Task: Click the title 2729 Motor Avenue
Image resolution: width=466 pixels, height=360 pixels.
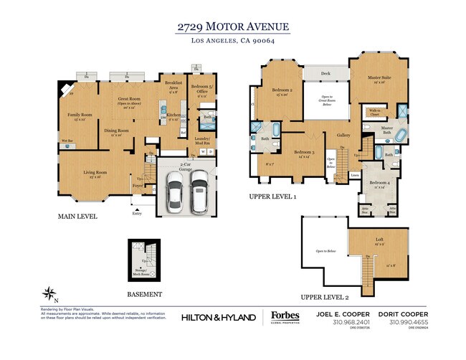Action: (233, 27)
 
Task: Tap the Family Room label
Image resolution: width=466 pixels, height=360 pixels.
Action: (80, 115)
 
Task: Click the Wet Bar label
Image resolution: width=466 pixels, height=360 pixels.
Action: (67, 141)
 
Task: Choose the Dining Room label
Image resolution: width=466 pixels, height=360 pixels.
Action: (116, 131)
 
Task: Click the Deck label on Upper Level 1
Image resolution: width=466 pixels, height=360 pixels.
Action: (325, 73)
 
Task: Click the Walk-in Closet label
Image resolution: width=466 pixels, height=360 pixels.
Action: (374, 112)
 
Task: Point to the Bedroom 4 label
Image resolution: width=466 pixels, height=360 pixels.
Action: (379, 182)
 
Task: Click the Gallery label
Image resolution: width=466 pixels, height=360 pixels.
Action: (343, 135)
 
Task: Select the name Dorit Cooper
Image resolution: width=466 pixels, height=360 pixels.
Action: (404, 314)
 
